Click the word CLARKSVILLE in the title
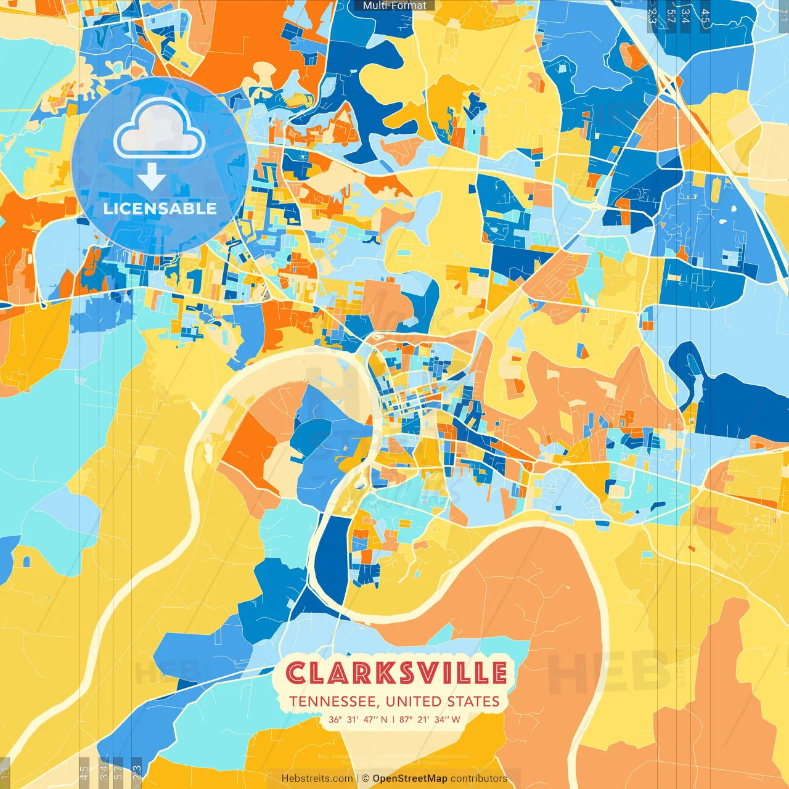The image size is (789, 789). (396, 672)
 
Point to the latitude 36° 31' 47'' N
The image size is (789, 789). (358, 719)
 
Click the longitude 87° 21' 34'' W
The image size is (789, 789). (430, 719)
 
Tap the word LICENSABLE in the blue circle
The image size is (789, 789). (160, 208)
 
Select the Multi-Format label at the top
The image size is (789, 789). (394, 6)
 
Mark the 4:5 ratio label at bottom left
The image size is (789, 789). (84, 772)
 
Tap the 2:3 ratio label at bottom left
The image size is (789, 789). (137, 772)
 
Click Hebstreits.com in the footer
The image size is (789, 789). (317, 779)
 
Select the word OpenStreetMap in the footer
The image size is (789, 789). (410, 779)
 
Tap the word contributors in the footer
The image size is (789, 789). (479, 779)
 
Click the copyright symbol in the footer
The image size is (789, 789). (366, 779)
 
